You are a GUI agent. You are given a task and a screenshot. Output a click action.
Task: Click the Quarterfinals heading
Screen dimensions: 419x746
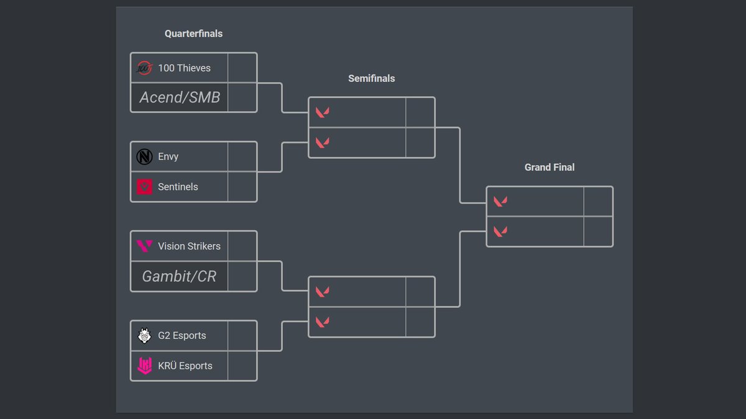(193, 34)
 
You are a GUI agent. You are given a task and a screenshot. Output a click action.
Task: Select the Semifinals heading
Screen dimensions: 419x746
(371, 78)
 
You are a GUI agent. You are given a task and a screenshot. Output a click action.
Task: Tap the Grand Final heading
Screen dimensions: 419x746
(549, 167)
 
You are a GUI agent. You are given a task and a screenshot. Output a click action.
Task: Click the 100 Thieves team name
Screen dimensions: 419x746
(184, 68)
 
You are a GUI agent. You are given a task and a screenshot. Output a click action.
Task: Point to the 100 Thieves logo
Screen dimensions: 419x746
(144, 68)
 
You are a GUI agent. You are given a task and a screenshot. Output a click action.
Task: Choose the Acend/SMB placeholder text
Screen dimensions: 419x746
(180, 97)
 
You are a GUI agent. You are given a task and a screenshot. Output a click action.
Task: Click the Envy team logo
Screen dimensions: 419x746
(144, 156)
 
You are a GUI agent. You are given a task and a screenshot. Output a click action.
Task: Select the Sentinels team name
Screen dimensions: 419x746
(178, 186)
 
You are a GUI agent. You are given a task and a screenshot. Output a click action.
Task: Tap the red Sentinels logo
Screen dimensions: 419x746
(144, 186)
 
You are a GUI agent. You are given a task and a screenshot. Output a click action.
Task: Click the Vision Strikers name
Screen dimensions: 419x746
(189, 246)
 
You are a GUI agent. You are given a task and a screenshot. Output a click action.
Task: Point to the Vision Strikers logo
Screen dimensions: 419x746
(144, 246)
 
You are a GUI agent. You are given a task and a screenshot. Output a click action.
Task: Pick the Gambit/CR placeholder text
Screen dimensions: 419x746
(179, 276)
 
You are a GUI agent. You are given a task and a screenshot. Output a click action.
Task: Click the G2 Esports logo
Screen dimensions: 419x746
(144, 335)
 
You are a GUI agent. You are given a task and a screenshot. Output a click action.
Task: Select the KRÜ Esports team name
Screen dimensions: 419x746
(185, 366)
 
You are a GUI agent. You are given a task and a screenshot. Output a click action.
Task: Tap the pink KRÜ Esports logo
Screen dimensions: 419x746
(144, 366)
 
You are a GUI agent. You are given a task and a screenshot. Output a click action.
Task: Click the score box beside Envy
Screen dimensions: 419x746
(242, 156)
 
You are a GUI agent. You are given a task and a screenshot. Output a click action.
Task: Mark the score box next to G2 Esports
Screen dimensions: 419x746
(242, 335)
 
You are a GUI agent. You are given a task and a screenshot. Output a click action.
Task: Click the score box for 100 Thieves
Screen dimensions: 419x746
(242, 68)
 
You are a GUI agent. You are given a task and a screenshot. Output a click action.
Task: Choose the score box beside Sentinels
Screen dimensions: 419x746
(242, 186)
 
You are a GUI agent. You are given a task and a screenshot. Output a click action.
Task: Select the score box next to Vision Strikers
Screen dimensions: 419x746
(242, 246)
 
